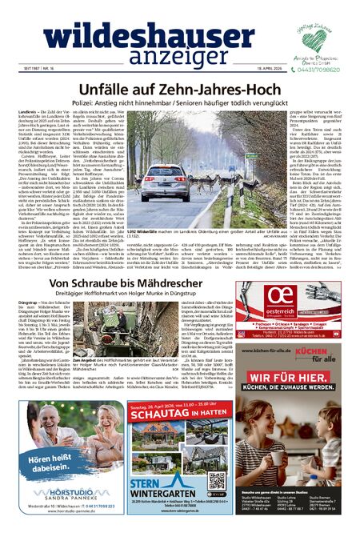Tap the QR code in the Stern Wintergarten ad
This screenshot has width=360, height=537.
(217, 479)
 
